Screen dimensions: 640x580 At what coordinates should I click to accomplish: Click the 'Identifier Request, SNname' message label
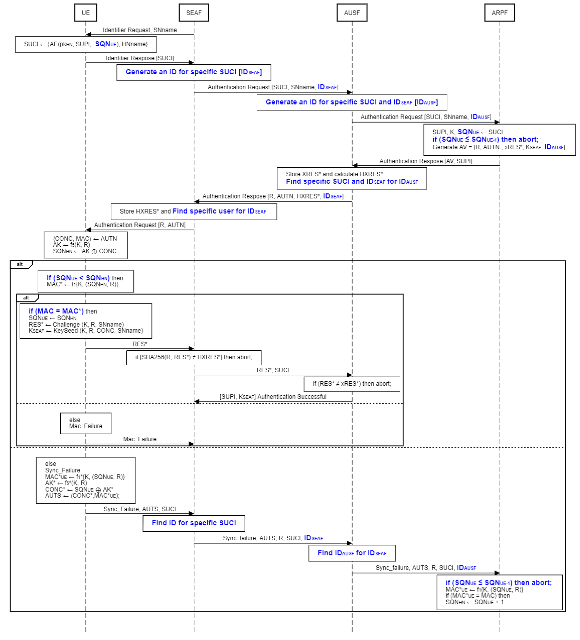point(140,30)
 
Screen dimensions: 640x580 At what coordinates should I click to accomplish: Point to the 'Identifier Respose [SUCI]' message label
point(140,58)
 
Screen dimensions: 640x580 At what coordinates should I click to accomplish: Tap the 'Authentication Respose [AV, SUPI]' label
point(425,161)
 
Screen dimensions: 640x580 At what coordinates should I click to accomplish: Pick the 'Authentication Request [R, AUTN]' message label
point(140,225)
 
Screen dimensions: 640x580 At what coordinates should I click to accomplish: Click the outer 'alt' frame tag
point(20,264)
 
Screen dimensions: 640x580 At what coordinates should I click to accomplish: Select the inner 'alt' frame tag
point(27,298)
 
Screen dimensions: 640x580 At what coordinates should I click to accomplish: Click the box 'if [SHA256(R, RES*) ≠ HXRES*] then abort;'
point(194,357)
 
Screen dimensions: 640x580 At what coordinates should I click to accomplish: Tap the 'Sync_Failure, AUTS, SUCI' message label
point(140,509)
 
